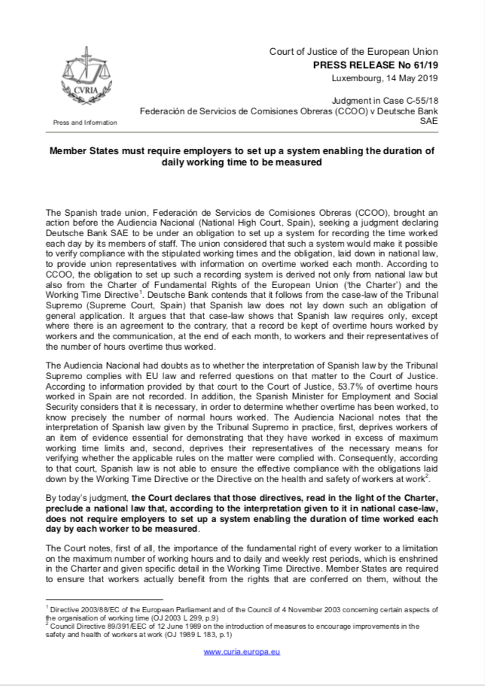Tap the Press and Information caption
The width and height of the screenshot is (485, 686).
85,122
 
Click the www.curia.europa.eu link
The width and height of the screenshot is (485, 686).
242,651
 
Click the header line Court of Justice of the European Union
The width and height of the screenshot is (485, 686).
353,51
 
